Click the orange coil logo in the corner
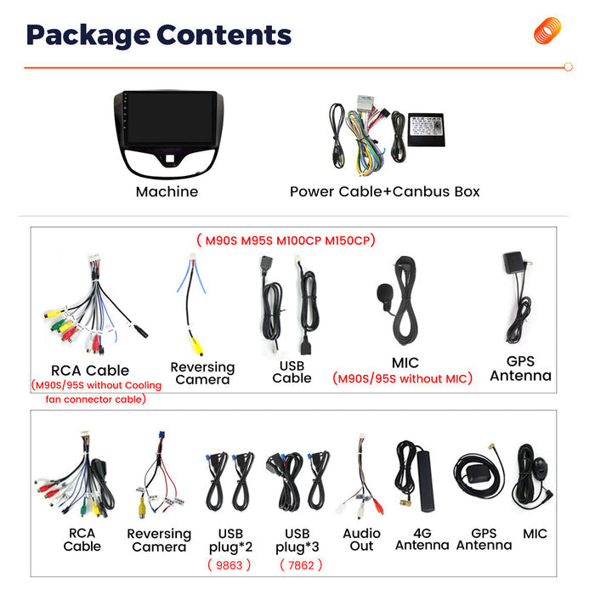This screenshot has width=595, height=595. click(547, 31)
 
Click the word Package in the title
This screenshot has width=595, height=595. click(88, 36)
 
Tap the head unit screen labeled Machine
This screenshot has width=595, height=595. click(169, 118)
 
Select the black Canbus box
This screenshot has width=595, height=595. click(426, 129)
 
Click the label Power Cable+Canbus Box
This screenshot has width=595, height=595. click(385, 191)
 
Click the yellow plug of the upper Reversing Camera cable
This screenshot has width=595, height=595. click(196, 346)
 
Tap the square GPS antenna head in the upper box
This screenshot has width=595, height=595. click(513, 262)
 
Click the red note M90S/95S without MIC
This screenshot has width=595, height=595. click(402, 378)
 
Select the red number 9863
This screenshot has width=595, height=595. click(229, 565)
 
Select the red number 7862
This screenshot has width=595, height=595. click(301, 565)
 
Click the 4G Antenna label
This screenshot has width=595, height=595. click(422, 539)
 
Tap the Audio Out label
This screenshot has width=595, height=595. click(361, 540)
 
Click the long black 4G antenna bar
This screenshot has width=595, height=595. click(424, 481)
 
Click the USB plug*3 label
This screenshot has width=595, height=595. click(297, 541)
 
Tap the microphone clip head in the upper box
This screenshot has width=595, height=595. click(385, 294)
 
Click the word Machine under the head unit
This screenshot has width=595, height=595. click(167, 191)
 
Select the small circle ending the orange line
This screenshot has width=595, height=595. click(568, 67)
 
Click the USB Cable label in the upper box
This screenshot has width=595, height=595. click(292, 372)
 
